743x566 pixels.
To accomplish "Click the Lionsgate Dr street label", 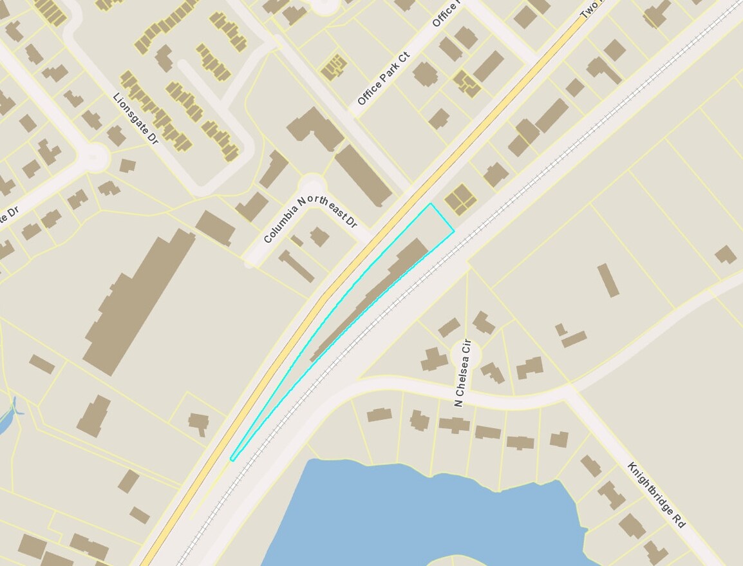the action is coord(135,119).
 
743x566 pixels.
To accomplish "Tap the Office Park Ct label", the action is coord(383,80).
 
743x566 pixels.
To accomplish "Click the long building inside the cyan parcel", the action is coord(373,297).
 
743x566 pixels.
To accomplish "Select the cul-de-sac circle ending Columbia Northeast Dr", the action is coord(313,184).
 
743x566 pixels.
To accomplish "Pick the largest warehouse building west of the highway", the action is coord(138,300).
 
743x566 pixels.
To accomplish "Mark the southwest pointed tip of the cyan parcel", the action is coord(232,459).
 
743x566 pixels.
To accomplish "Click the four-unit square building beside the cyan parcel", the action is coord(460,199).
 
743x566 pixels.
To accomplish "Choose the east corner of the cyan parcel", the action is coord(454,231).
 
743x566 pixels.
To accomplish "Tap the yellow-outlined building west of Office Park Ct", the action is coord(334,67).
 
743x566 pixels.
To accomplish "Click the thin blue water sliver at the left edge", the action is coord(8,419).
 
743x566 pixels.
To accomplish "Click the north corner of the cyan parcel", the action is coord(431,203).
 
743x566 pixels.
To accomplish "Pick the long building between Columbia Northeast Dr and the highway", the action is coord(363,175).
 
